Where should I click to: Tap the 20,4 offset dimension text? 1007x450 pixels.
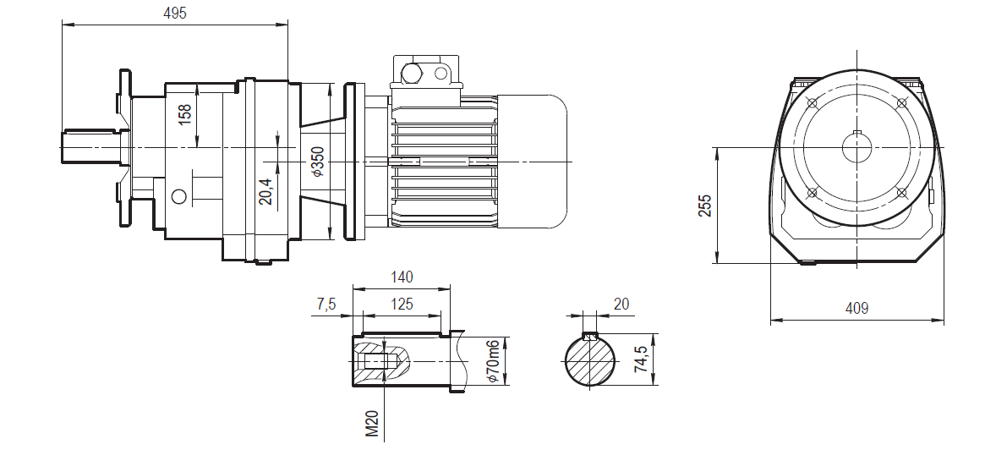[x=265, y=192]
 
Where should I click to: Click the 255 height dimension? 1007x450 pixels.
[x=705, y=206]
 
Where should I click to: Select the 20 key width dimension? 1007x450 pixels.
[x=621, y=304]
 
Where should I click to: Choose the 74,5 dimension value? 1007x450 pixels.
[x=643, y=360]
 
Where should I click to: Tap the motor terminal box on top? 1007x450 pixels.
[x=425, y=73]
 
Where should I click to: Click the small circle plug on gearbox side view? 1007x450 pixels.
[x=178, y=196]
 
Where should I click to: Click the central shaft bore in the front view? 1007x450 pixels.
[x=857, y=149]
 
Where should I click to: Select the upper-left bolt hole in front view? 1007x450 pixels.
[x=813, y=104]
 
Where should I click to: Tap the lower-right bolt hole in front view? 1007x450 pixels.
[x=902, y=193]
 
